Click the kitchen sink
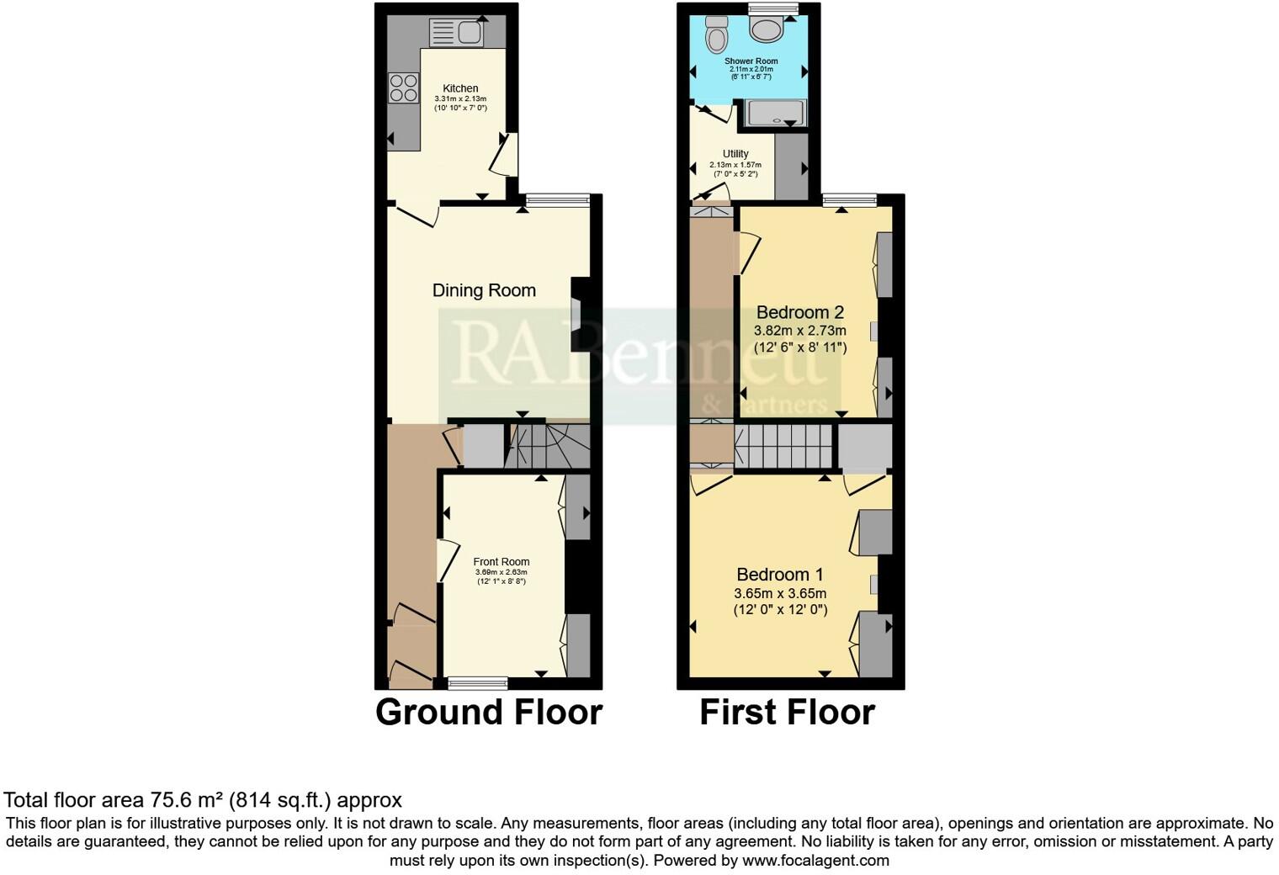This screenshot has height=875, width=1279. tap(455, 33)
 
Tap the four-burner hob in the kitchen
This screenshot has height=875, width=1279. tap(403, 87)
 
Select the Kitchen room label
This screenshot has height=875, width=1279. tap(460, 88)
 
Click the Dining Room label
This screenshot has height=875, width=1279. tap(484, 290)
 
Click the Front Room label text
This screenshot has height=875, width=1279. tap(502, 562)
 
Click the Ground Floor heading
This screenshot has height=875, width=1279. tap(488, 712)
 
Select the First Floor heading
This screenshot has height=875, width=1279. tap(787, 712)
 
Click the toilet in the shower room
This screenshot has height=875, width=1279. tap(717, 34)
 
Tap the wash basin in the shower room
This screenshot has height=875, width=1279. tap(767, 30)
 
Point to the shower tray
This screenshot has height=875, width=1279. tap(775, 114)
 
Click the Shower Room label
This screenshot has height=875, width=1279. tap(751, 61)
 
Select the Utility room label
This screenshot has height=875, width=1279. tap(735, 154)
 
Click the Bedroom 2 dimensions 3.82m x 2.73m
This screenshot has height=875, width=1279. tap(799, 331)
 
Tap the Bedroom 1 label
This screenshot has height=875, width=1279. tap(779, 575)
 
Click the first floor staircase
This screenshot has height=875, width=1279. tap(783, 446)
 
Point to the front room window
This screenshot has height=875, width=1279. tap(477, 682)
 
